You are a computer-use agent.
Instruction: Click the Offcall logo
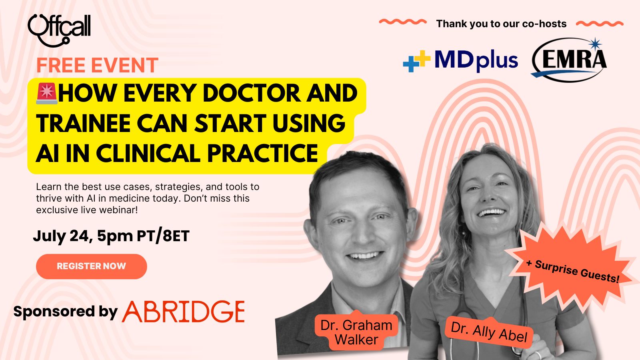coord(59,30)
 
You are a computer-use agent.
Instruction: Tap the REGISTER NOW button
coord(92,266)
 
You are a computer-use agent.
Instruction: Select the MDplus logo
coord(460,60)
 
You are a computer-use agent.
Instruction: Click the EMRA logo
coord(569,60)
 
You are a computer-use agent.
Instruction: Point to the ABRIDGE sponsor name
coord(184,312)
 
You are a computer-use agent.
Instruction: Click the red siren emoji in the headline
coord(47,94)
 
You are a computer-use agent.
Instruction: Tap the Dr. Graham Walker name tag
coord(356,332)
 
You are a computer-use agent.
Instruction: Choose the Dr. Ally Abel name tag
coord(489,333)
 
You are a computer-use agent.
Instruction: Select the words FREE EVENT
coord(97,65)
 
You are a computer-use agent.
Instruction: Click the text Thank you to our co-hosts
coord(501,24)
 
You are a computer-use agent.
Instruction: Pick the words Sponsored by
coord(66,312)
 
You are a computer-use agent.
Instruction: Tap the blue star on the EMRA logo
coord(595,44)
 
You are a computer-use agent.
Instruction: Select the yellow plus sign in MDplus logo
coord(422,58)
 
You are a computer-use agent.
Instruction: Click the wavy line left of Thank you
coord(403,22)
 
